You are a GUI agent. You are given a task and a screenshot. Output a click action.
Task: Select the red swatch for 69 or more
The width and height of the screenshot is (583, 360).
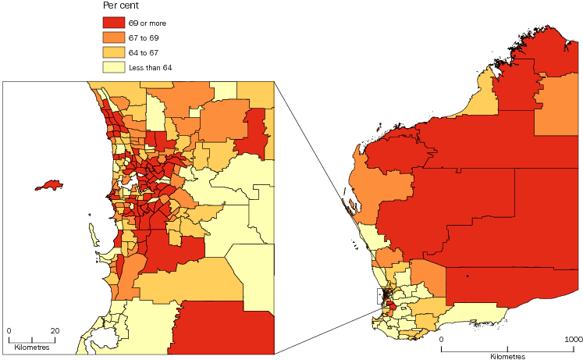(113, 22)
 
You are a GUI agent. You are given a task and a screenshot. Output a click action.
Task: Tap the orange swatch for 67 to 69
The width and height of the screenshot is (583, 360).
(113, 37)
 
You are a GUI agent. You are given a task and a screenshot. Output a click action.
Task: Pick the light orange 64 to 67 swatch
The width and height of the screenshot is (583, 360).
(113, 52)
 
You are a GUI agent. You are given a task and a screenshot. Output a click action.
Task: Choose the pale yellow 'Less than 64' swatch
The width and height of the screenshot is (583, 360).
(113, 67)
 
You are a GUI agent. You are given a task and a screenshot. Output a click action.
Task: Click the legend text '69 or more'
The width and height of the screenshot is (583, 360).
(147, 22)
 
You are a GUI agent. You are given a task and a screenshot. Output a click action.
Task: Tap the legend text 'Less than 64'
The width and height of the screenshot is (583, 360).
(150, 67)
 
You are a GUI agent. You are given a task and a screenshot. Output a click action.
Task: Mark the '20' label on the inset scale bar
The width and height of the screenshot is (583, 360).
(55, 330)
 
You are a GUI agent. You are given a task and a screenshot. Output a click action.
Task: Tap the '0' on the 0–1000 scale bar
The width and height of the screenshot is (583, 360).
(441, 340)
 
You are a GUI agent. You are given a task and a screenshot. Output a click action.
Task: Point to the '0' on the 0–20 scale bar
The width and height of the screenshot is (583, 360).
(9, 330)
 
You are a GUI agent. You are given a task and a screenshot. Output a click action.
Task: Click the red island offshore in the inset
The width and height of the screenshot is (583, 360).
(51, 186)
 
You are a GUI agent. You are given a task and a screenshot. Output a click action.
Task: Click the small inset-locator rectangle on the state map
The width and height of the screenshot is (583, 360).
(380, 296)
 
